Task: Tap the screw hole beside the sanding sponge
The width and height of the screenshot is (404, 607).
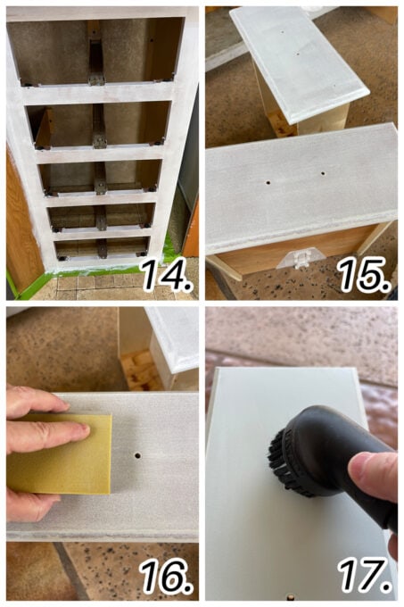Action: pos(137,454)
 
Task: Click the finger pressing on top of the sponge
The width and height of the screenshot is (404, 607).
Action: pos(54,432)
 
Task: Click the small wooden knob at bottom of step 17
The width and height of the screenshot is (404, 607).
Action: pos(290,592)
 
